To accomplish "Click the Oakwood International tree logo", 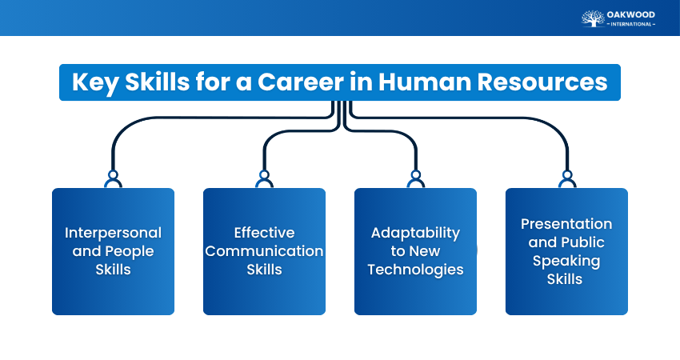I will pyautogui.click(x=593, y=18).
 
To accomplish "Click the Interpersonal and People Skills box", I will pyautogui.click(x=113, y=251).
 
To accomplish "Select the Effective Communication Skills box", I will pyautogui.click(x=264, y=251).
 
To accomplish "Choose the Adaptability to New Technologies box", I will pyautogui.click(x=415, y=251).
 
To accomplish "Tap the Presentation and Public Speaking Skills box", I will pyautogui.click(x=566, y=251).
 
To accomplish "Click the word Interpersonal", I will pyautogui.click(x=113, y=233).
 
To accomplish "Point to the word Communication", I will pyautogui.click(x=264, y=251).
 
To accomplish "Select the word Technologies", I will pyautogui.click(x=415, y=270).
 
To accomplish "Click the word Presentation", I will pyautogui.click(x=566, y=224).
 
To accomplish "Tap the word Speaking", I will pyautogui.click(x=566, y=261).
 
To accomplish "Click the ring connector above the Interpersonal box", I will pyautogui.click(x=113, y=174).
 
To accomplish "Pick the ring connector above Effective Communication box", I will pyautogui.click(x=264, y=174).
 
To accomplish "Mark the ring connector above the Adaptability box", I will pyautogui.click(x=415, y=174).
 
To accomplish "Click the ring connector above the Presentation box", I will pyautogui.click(x=566, y=174).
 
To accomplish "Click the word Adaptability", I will pyautogui.click(x=415, y=233).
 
